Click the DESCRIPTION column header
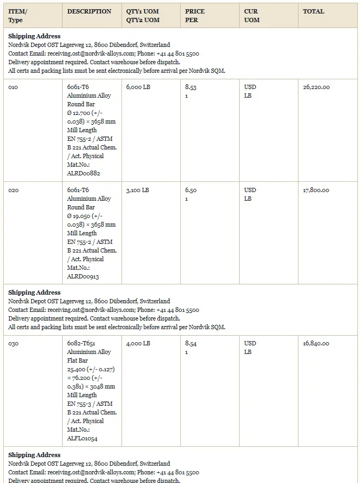89,11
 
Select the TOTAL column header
314,11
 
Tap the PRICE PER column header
195,16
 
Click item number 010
13,87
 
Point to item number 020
13,190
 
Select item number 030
13,343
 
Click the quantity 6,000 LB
138,87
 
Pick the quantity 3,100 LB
138,190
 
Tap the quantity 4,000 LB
138,343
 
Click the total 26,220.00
316,87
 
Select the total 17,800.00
316,190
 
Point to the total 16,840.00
316,343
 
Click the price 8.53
191,87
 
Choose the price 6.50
191,190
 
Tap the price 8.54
191,343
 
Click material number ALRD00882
84,173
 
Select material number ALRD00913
83,276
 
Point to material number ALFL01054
83,438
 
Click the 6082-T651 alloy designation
81,343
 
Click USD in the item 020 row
250,190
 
